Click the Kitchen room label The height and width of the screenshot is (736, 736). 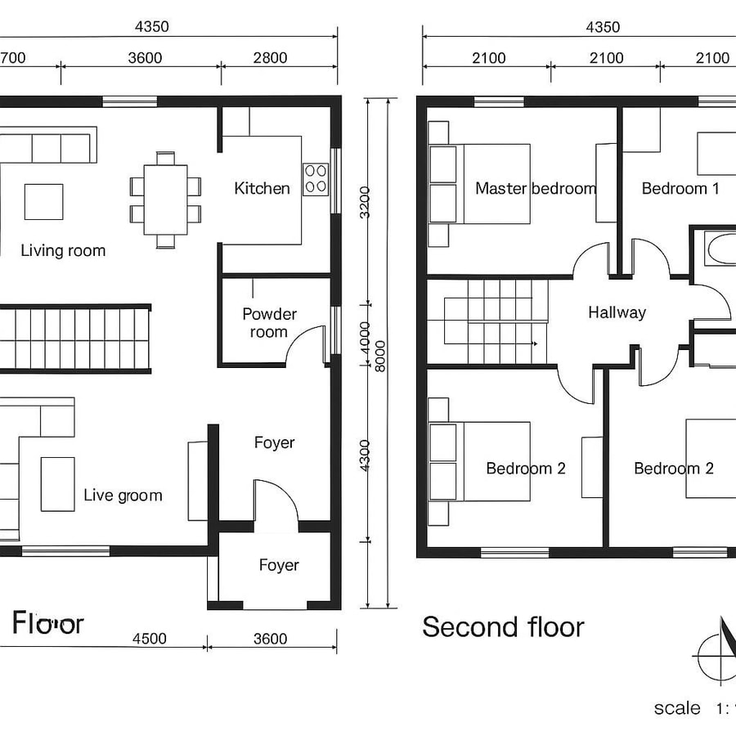(x=262, y=189)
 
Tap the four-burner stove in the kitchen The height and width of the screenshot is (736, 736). (x=316, y=179)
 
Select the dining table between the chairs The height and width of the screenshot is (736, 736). (x=165, y=199)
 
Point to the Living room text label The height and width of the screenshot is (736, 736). (x=63, y=250)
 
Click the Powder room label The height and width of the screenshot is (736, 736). (x=269, y=323)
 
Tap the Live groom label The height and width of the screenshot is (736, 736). (x=123, y=495)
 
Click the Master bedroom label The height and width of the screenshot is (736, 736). (x=536, y=189)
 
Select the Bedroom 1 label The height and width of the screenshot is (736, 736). (x=680, y=189)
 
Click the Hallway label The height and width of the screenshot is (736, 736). (x=617, y=312)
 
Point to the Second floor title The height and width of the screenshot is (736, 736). (x=503, y=627)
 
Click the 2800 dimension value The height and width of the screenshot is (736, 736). (x=270, y=57)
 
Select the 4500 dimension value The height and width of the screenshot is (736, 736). (x=149, y=639)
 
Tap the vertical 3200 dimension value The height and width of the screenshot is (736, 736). (x=365, y=202)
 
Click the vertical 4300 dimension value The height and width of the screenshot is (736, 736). (x=365, y=456)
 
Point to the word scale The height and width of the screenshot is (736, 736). (x=677, y=708)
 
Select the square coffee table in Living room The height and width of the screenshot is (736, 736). (x=43, y=202)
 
